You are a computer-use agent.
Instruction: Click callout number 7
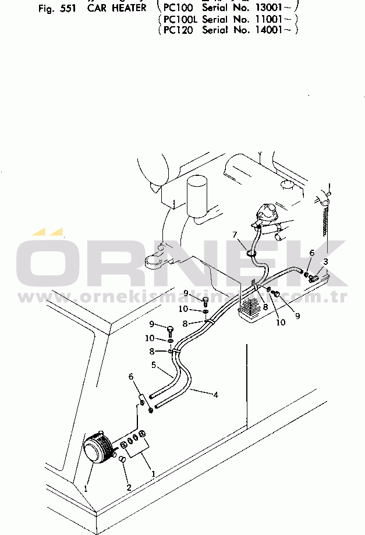pos(235,235)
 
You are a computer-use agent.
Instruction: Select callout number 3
pos(325,261)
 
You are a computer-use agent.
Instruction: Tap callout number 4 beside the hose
pos(216,395)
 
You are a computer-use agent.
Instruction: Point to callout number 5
pos(153,366)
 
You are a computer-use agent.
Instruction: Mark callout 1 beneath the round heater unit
pos(86,488)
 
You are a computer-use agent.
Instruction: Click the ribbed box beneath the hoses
pos(253,309)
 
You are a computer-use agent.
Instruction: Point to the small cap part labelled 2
pos(122,460)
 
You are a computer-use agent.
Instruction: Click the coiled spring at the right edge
pos(325,224)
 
